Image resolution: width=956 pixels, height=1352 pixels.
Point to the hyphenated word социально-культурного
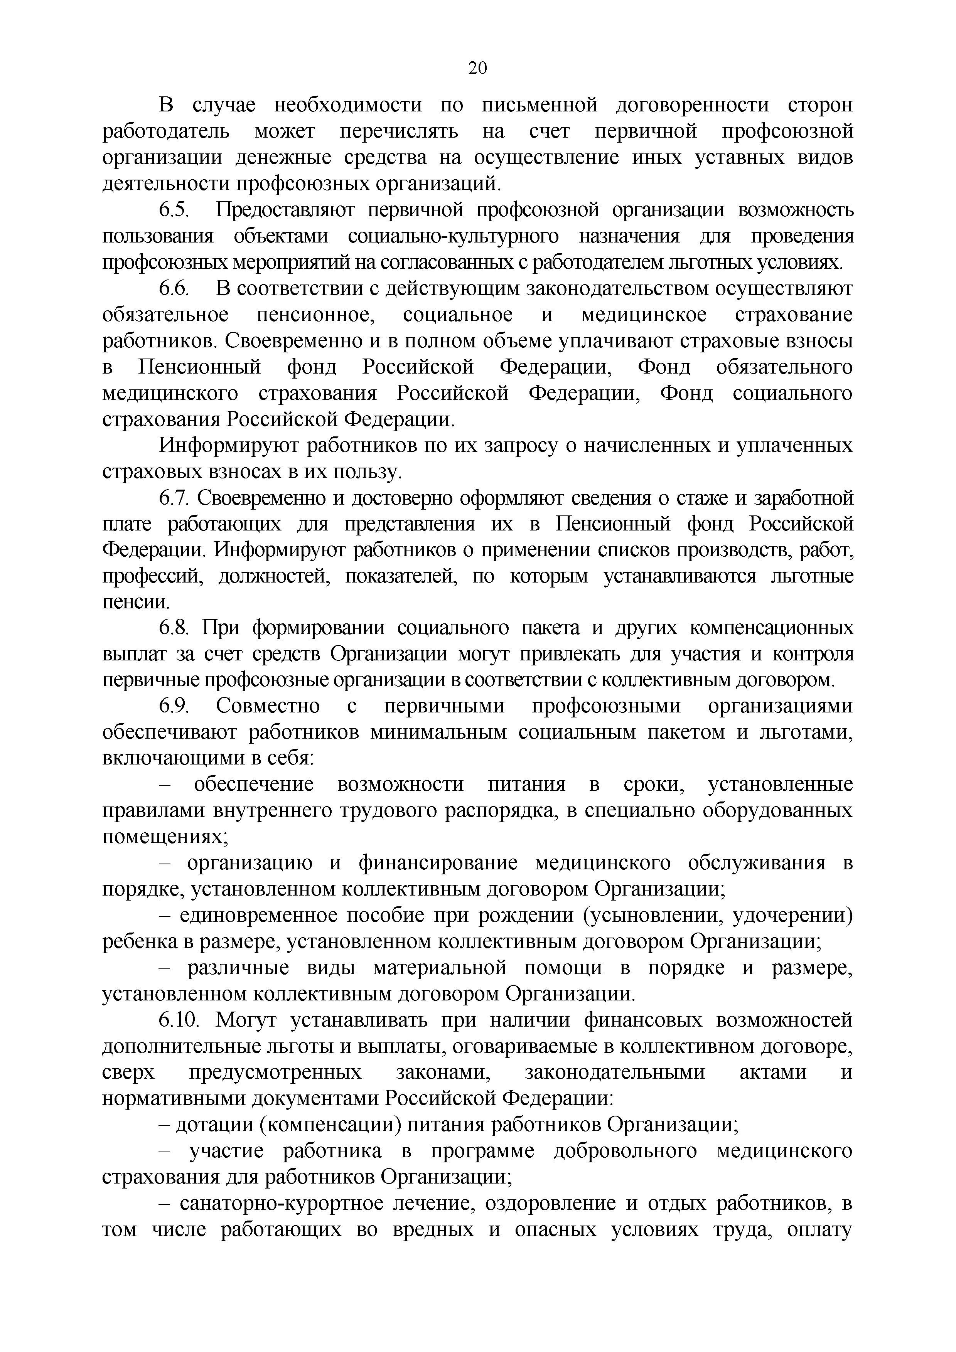453,236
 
